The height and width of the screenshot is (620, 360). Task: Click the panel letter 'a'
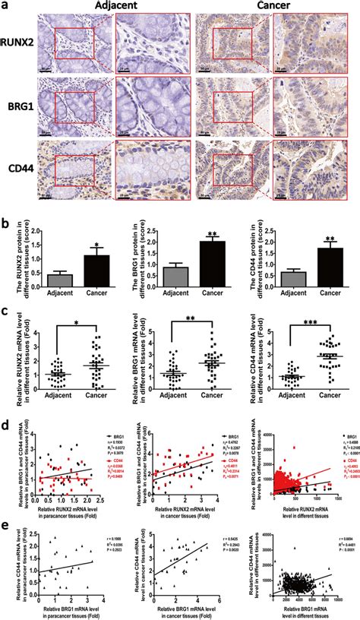(5, 6)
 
